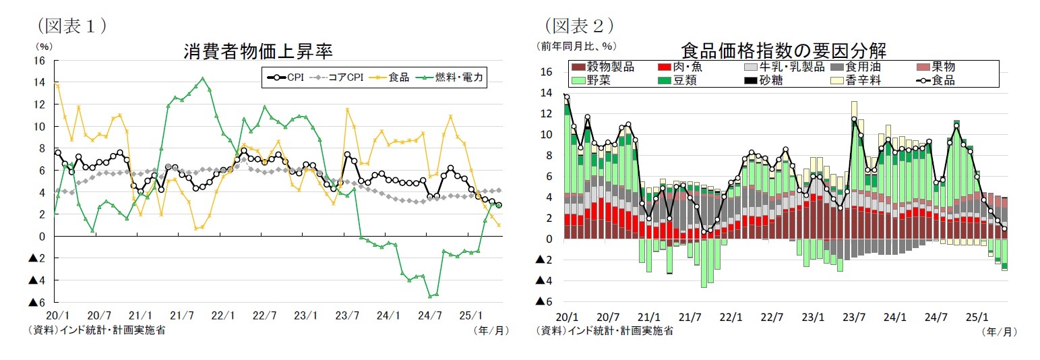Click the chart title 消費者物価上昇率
click(258, 51)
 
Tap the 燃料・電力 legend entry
click(450, 77)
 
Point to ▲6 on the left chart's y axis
click(36, 302)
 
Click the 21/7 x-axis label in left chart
click(181, 315)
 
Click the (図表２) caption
click(578, 25)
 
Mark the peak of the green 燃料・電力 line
click(203, 78)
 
